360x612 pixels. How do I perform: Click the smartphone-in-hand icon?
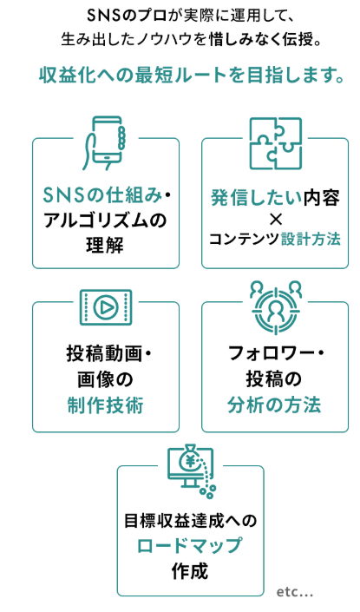point(104,143)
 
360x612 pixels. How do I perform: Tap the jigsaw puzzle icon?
point(275,143)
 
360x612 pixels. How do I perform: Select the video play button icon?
point(106,307)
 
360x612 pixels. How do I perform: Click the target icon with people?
point(276,307)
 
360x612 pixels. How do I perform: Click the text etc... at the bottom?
point(295,592)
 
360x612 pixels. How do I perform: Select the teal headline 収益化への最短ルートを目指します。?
point(192,76)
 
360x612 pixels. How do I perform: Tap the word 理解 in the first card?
point(105,246)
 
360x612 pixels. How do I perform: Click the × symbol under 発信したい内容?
point(275,220)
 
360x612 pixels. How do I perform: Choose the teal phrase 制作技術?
point(105,405)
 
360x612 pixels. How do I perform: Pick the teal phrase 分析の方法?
point(275,405)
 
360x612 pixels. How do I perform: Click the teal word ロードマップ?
point(190,546)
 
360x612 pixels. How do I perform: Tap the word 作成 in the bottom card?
point(190,571)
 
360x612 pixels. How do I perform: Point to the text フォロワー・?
point(276,353)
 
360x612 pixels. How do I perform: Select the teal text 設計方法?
point(311,239)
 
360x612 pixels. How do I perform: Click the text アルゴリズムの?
point(105,220)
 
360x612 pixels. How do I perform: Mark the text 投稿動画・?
point(108,353)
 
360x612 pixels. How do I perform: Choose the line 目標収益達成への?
point(190,521)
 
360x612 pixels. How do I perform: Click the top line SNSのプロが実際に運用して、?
point(190,16)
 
